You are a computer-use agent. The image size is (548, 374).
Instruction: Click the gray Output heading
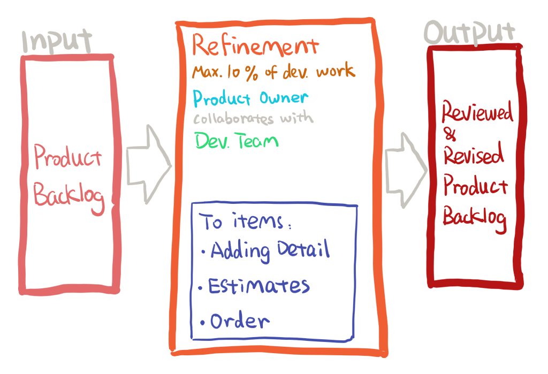point(469,34)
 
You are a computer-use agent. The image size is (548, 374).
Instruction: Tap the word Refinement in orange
point(255,47)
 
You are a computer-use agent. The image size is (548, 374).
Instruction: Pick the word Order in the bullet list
point(240,321)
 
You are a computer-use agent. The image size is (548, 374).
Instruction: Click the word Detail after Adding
point(302,250)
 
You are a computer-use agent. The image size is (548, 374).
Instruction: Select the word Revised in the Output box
point(474,155)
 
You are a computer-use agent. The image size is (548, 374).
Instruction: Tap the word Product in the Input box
point(67,157)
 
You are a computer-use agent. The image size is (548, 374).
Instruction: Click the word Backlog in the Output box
point(475,218)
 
